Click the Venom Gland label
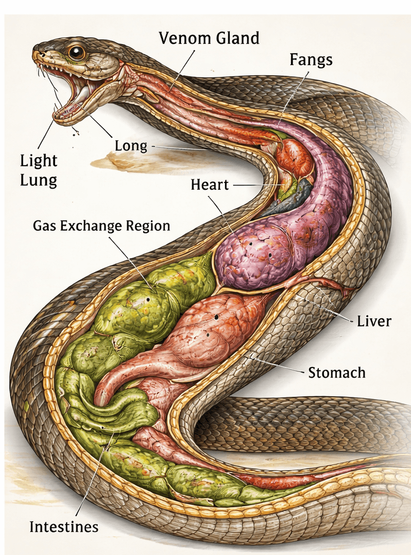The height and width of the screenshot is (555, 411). (209, 38)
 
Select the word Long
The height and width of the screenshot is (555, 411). (131, 146)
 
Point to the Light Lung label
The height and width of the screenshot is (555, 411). (39, 171)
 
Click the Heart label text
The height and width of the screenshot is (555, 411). (210, 184)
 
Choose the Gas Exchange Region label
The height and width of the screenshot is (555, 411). (101, 226)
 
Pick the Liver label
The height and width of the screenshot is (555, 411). (374, 322)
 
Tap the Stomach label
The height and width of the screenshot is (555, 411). (336, 372)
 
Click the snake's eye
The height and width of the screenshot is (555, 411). (76, 52)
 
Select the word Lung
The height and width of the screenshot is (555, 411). (39, 181)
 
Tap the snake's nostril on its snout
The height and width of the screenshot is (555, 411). (39, 53)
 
